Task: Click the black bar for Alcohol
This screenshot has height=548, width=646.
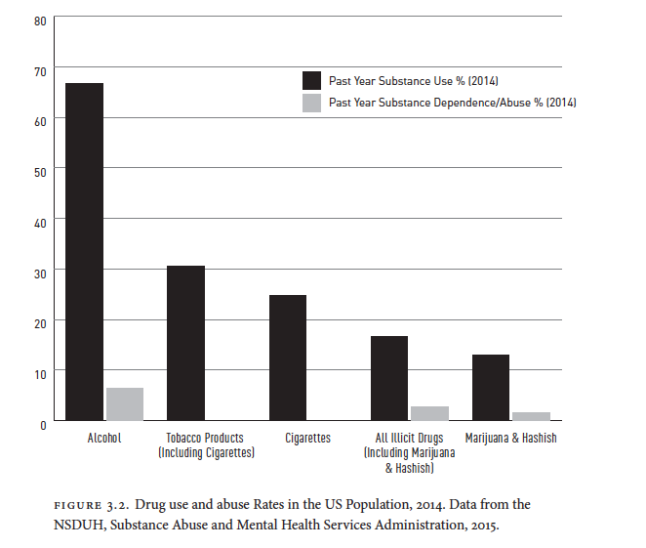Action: (x=84, y=252)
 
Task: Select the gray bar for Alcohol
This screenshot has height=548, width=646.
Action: (x=124, y=404)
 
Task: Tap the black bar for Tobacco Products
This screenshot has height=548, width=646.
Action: (x=185, y=343)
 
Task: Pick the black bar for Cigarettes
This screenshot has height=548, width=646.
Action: (x=288, y=358)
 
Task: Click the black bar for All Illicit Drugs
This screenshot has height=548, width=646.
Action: (x=389, y=378)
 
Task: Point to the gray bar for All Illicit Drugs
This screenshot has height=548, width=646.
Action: (x=429, y=413)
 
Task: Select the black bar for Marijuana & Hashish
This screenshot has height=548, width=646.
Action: (x=491, y=388)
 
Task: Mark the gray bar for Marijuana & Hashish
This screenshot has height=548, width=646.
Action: (x=531, y=416)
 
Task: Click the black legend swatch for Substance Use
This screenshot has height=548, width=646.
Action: (x=311, y=80)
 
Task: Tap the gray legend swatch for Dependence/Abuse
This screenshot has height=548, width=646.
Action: (x=311, y=102)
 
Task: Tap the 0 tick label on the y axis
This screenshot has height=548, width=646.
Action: (x=44, y=423)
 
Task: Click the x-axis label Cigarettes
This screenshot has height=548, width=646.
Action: (x=307, y=439)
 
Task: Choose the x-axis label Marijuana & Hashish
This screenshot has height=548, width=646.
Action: (x=511, y=439)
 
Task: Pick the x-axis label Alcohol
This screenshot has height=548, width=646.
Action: (x=103, y=439)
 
